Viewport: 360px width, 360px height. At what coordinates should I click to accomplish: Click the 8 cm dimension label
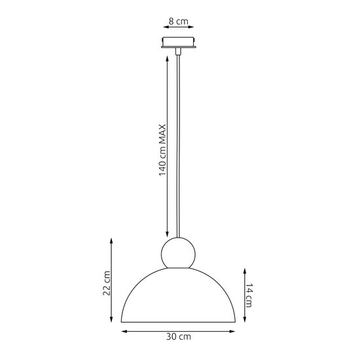click(179, 22)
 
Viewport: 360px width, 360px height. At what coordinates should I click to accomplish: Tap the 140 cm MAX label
click(162, 150)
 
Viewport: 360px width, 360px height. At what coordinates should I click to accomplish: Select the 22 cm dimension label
click(107, 283)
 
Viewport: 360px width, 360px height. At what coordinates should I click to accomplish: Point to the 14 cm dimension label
click(249, 295)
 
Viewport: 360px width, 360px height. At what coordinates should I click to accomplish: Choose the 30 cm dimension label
click(179, 337)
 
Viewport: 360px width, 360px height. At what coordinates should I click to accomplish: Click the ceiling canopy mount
click(179, 43)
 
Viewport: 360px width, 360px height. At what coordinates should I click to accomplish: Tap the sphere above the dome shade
click(179, 253)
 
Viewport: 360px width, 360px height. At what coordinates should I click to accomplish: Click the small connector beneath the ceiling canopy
click(178, 52)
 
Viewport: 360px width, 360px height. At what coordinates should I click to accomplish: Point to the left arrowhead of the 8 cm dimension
click(166, 27)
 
